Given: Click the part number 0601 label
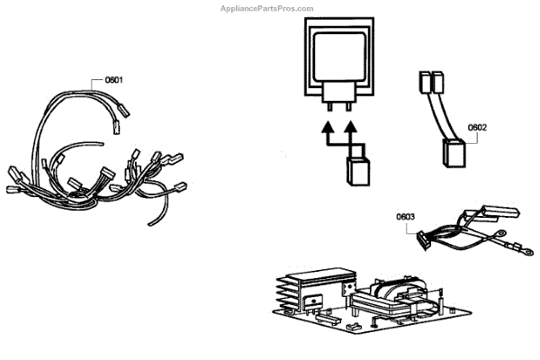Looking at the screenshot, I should [x=113, y=80].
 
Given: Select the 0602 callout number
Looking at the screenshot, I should [x=478, y=128].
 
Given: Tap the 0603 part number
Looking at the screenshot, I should [x=405, y=218].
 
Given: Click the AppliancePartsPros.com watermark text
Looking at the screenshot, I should [x=270, y=6].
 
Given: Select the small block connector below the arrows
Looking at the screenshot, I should [x=359, y=170].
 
